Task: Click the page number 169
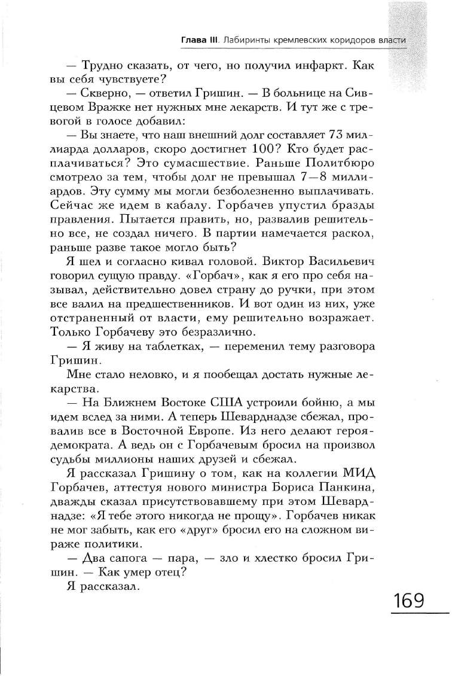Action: (x=408, y=600)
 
